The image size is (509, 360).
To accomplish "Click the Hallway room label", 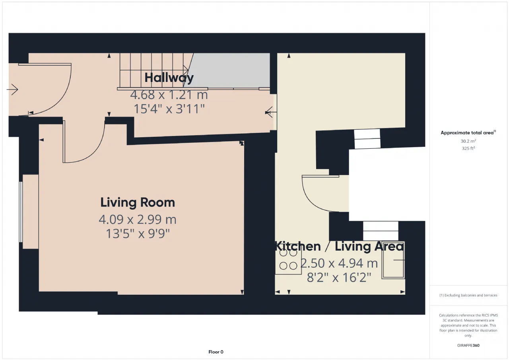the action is [169, 78].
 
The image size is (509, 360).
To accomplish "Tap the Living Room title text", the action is [138, 202].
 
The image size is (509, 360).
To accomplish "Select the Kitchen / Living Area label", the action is [340, 246].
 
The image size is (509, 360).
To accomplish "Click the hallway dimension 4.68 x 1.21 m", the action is [169, 95].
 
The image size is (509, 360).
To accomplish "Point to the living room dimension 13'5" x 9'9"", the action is [138, 234].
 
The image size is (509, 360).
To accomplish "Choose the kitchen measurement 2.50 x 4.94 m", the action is [339, 263].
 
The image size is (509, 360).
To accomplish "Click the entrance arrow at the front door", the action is [12, 90].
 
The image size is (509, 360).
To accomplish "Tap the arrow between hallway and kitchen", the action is [271, 112].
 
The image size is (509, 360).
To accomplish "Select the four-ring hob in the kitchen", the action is [288, 259].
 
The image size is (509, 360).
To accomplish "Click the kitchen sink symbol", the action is [393, 260].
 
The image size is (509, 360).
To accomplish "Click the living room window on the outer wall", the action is [21, 212].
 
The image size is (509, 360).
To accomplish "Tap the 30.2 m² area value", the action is [468, 141].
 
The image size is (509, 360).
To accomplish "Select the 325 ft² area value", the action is [468, 148].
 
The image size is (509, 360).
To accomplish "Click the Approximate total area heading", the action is [468, 133].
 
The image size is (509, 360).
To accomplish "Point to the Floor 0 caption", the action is [216, 352].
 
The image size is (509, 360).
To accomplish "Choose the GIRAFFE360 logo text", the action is [468, 345].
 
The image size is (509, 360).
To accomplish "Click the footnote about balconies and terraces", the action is [468, 295].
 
